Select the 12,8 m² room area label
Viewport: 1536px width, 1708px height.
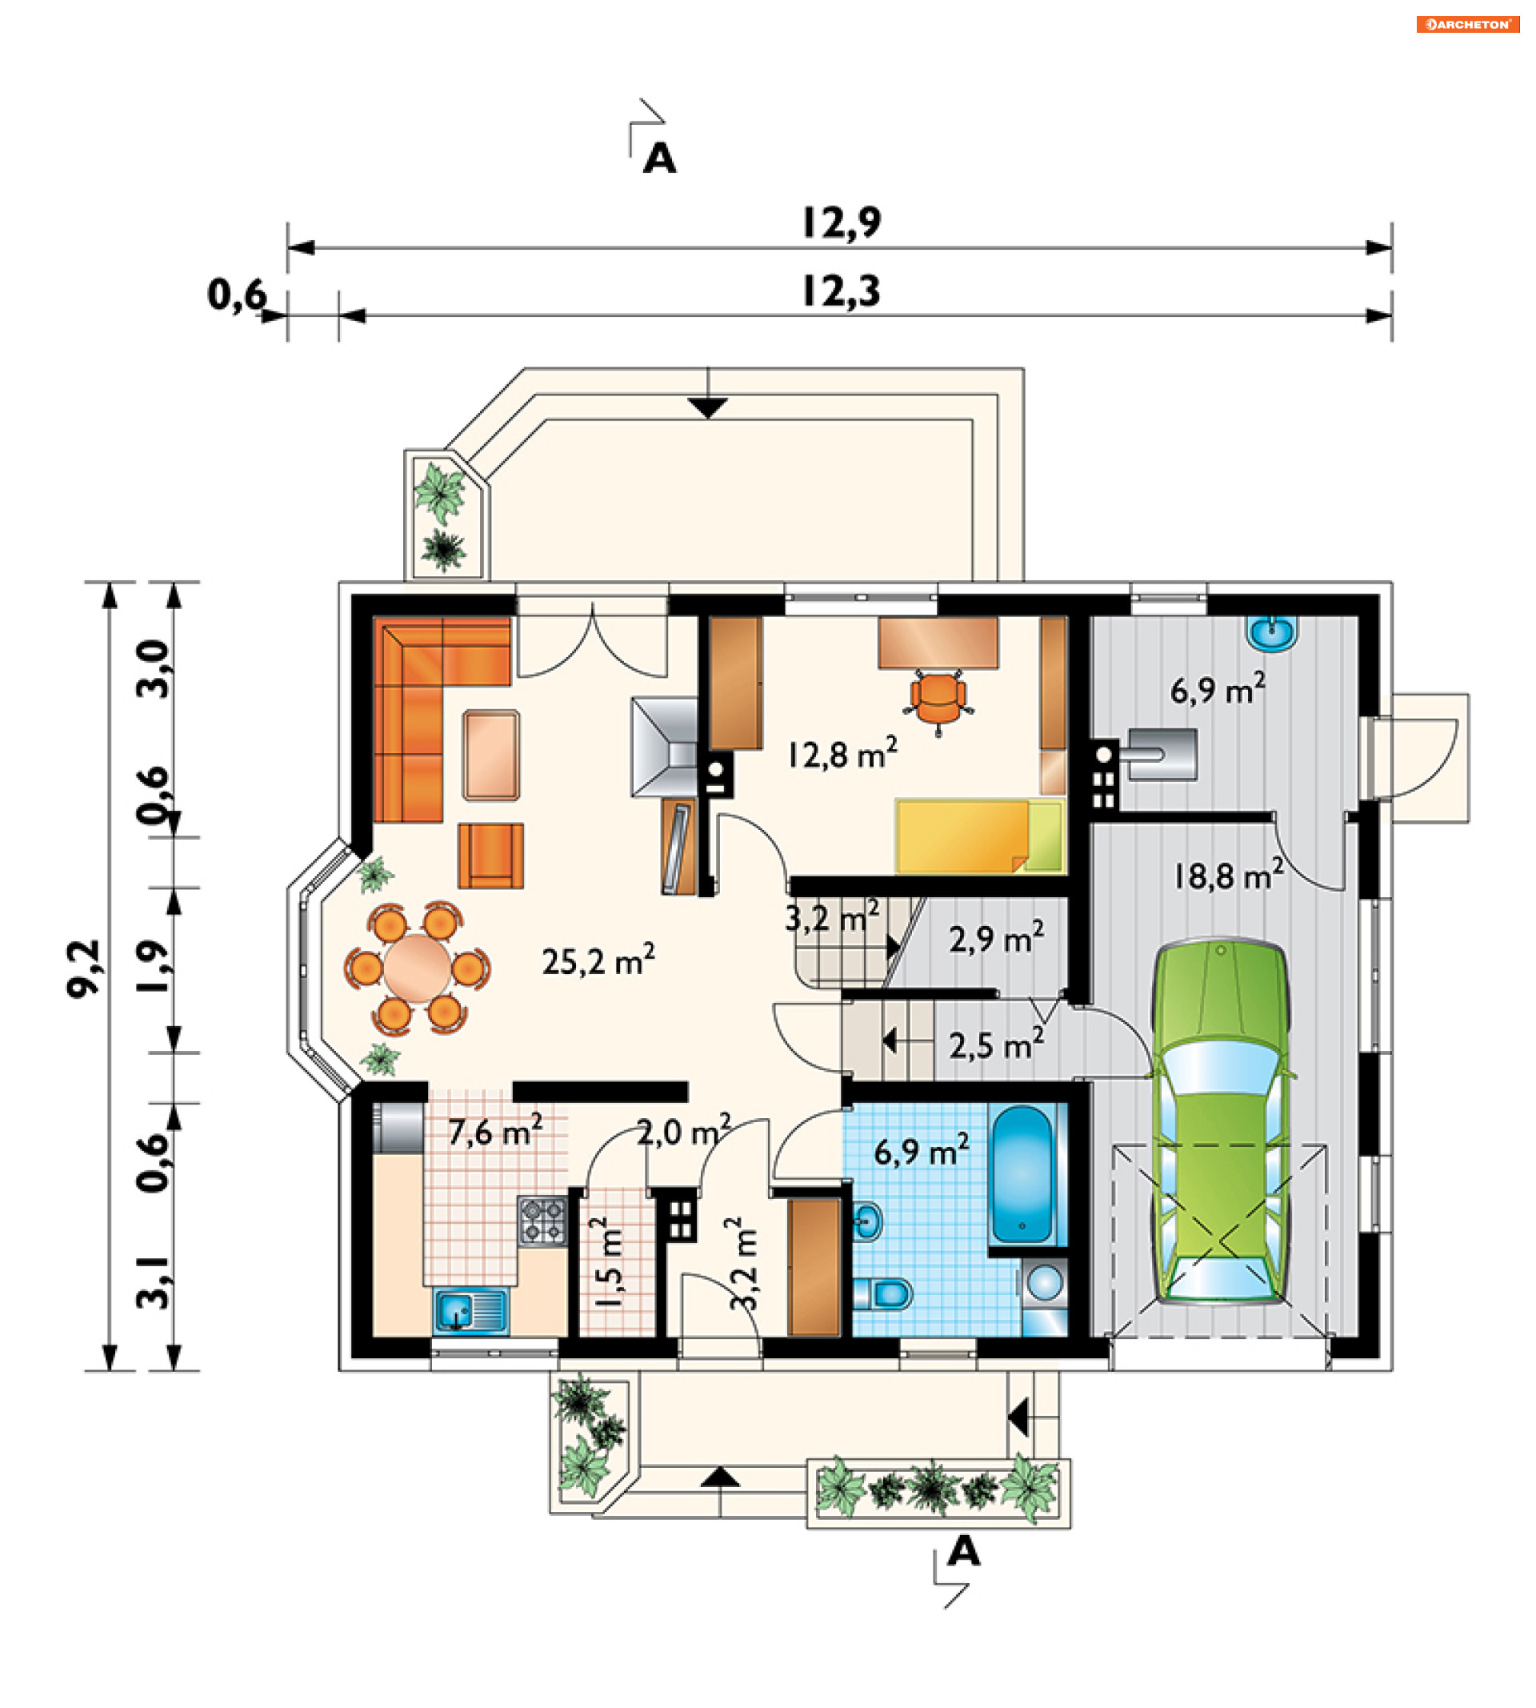[842, 753]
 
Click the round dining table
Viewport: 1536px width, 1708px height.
[417, 968]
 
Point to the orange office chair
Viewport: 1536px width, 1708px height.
[938, 700]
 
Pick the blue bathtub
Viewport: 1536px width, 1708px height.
[1022, 1175]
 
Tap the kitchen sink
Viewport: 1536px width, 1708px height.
[471, 1310]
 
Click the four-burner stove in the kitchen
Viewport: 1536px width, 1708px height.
[542, 1221]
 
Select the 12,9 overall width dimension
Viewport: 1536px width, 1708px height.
[841, 223]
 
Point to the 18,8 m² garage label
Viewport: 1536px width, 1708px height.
[1229, 876]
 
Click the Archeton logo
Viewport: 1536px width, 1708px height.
[1468, 25]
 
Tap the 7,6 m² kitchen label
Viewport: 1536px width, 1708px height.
[494, 1132]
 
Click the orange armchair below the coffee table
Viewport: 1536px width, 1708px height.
[490, 856]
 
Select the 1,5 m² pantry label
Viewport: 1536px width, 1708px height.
[610, 1261]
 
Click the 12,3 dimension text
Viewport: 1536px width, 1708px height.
[841, 291]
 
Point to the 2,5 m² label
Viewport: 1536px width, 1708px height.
[996, 1045]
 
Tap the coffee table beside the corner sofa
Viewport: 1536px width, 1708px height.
[490, 755]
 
